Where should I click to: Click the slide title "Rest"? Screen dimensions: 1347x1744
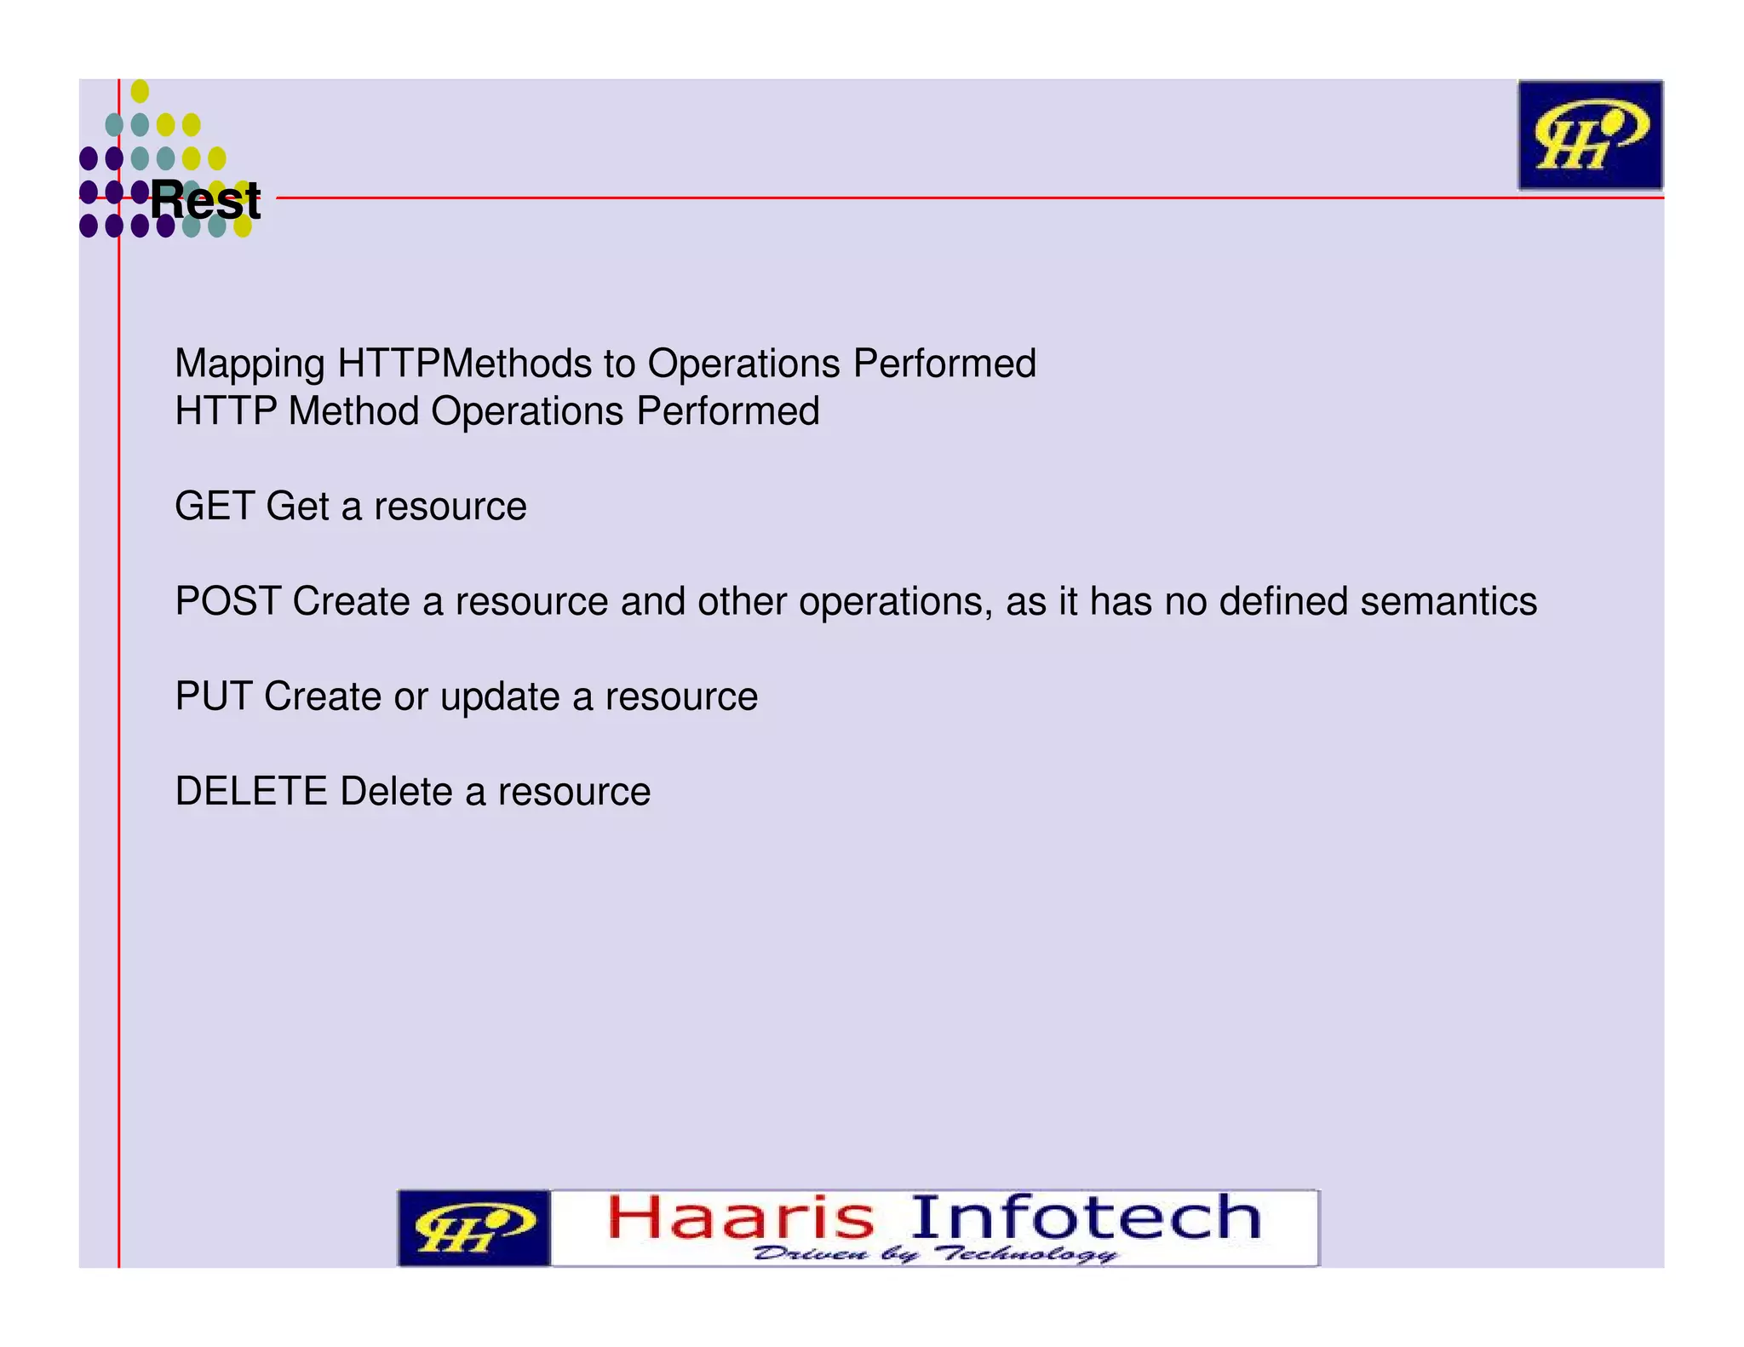[x=205, y=201]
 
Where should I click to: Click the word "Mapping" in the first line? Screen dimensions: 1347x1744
[x=250, y=364]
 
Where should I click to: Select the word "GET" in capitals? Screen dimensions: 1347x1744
[x=215, y=507]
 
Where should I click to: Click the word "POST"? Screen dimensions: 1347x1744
[x=227, y=602]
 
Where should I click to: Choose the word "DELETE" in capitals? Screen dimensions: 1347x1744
[x=251, y=792]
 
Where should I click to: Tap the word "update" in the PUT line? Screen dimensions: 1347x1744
[x=500, y=697]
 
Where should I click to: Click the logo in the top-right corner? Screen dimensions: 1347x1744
[x=1590, y=135]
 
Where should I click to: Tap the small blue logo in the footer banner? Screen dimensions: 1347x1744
[x=473, y=1228]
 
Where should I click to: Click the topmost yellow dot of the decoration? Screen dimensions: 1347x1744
[x=141, y=91]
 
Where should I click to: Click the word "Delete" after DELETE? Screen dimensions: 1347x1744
[x=396, y=792]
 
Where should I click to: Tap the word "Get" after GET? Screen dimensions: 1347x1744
[x=297, y=507]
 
